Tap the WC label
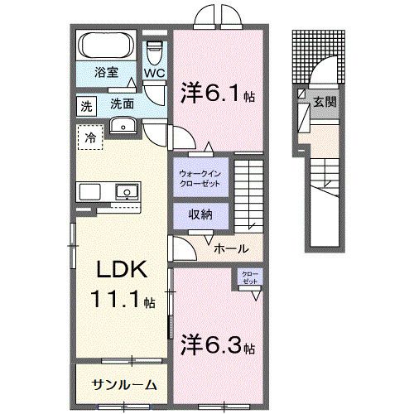pyautogui.click(x=155, y=73)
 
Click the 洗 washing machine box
pyautogui.click(x=86, y=105)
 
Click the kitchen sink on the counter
pyautogui.click(x=127, y=192)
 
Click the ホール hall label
pyautogui.click(x=229, y=248)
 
